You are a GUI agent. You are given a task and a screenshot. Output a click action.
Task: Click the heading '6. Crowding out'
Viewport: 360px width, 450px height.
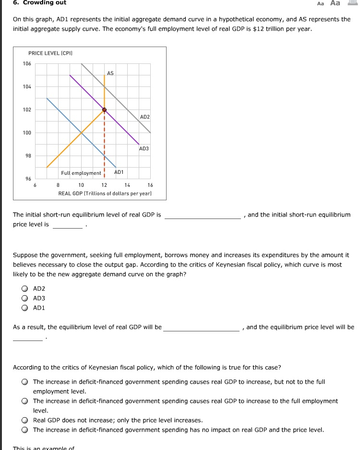40,3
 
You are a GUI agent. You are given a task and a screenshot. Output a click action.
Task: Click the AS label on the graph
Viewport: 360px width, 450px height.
110,73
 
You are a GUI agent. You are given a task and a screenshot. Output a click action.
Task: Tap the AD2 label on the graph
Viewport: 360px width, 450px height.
144,117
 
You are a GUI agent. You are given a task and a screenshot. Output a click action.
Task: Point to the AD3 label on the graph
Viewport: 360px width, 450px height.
144,148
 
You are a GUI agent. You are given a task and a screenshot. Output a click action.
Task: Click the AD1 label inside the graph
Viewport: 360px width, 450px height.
119,172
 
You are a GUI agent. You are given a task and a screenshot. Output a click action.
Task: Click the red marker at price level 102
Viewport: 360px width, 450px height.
104,110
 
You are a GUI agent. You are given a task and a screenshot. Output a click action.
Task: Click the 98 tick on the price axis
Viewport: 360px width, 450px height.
28,156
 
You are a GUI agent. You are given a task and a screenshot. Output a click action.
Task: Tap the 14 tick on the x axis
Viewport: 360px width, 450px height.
127,185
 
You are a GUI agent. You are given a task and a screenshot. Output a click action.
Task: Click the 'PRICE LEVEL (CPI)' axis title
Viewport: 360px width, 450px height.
50,53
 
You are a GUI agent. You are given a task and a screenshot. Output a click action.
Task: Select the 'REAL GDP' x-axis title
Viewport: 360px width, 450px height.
105,193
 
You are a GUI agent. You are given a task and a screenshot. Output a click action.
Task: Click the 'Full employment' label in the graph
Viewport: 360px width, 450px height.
81,173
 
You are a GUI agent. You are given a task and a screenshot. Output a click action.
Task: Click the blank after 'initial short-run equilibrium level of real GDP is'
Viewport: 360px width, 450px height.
203,215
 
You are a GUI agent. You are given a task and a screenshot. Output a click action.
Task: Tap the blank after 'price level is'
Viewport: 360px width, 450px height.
67,225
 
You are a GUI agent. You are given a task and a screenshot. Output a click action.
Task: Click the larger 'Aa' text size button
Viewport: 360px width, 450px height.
335,3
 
